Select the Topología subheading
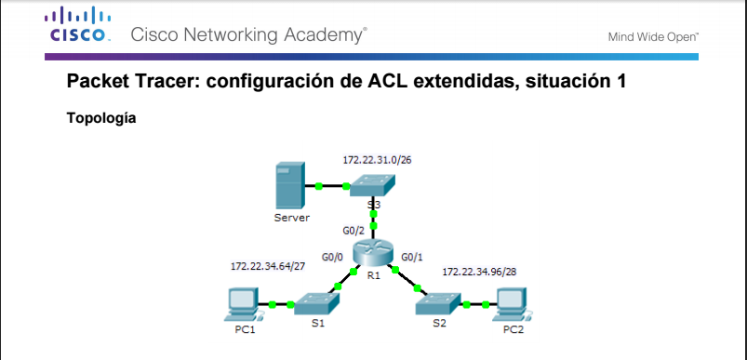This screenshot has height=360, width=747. click(x=102, y=119)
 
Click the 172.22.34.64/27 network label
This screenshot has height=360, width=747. click(x=268, y=266)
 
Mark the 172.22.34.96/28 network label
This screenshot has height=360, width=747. click(x=479, y=271)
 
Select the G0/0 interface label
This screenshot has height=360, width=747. click(x=332, y=256)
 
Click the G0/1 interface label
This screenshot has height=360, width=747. click(x=412, y=256)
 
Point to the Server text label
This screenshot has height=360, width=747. click(x=291, y=218)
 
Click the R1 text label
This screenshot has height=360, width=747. click(x=374, y=276)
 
